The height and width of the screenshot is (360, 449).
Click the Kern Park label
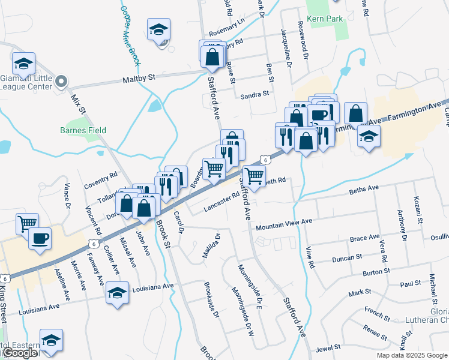(325, 19)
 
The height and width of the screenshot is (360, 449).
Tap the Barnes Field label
(83, 130)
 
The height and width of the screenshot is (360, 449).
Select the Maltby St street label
(139, 78)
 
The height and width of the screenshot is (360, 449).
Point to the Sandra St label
(254, 95)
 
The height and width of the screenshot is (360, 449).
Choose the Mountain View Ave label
(284, 224)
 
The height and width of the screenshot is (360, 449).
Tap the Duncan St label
(348, 259)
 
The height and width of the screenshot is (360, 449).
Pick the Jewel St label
(328, 347)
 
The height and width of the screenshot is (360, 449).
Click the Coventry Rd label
(100, 178)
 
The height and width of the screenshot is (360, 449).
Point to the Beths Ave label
(364, 189)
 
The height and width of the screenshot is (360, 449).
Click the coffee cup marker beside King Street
(40, 239)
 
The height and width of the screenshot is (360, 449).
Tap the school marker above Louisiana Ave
(118, 293)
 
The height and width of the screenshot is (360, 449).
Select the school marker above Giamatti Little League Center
(24, 64)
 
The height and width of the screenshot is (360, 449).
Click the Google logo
(19, 353)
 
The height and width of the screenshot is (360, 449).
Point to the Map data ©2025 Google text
(411, 355)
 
